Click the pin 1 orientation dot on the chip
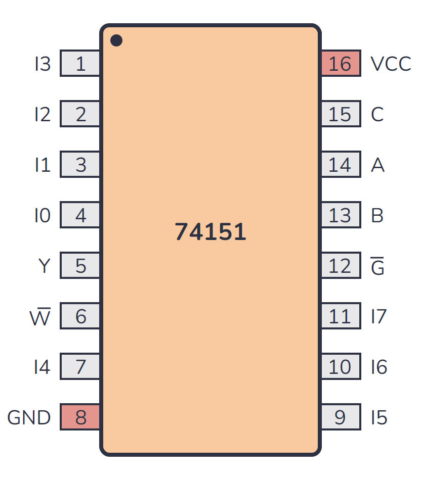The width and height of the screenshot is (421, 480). (x=116, y=40)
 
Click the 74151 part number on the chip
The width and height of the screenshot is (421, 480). (x=210, y=232)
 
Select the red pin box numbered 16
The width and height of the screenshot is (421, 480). (x=341, y=64)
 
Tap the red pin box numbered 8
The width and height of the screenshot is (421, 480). (x=80, y=417)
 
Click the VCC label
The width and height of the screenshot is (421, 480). (x=390, y=64)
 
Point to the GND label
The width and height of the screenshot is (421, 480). (x=29, y=417)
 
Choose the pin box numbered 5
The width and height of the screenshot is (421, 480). (x=80, y=266)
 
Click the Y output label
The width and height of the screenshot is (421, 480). (x=44, y=266)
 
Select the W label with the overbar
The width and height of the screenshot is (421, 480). (x=40, y=316)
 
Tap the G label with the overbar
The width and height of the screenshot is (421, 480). (x=377, y=266)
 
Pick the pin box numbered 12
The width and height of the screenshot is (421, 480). (x=341, y=266)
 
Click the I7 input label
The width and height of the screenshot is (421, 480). (x=378, y=316)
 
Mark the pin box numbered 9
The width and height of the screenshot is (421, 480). (x=341, y=417)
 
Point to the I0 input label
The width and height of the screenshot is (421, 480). (x=43, y=215)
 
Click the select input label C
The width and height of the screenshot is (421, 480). (x=377, y=114)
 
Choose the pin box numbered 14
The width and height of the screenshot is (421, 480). (x=341, y=165)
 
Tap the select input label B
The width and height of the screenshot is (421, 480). (x=377, y=215)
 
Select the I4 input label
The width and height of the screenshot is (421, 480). (x=43, y=367)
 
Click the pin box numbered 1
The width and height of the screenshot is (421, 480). (x=80, y=64)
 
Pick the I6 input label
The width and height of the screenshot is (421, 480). (x=378, y=367)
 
